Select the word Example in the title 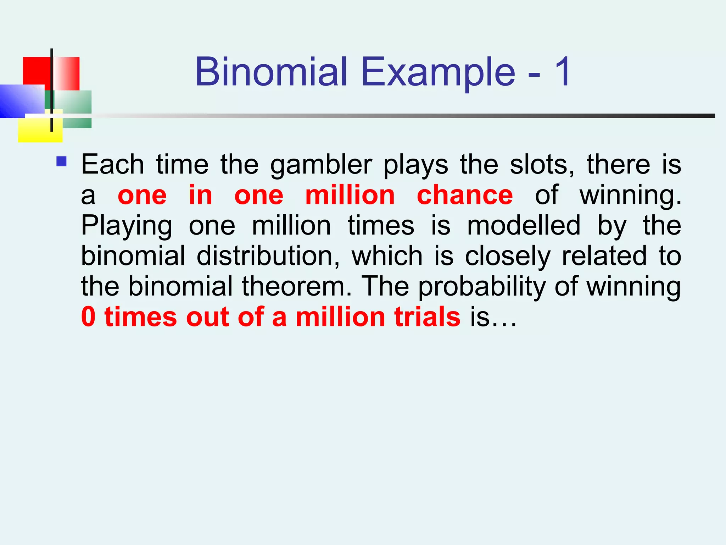(x=438, y=73)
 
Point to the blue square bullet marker (x=61, y=162)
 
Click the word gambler (x=321, y=165)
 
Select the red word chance (x=464, y=195)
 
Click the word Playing (x=127, y=226)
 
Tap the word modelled (x=524, y=226)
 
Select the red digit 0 (x=88, y=317)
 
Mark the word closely (x=508, y=257)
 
